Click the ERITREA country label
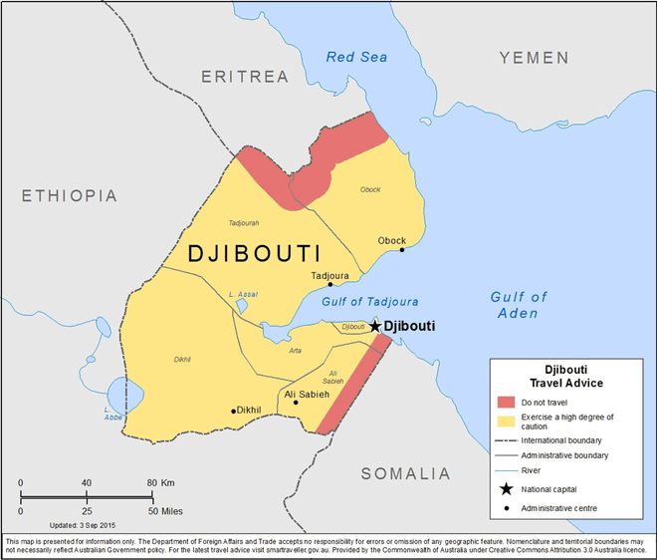click(x=244, y=77)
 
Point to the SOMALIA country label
click(x=405, y=473)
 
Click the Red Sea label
click(x=356, y=57)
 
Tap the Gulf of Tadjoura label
click(x=369, y=301)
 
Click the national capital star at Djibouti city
click(x=374, y=326)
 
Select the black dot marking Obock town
click(x=402, y=250)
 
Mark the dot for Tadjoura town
click(x=330, y=284)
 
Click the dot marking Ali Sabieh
click(x=296, y=404)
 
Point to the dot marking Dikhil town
click(x=234, y=411)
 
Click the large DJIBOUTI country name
click(x=254, y=254)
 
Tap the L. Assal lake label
click(x=243, y=294)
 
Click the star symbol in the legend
click(x=507, y=488)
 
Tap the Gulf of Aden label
click(x=519, y=305)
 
